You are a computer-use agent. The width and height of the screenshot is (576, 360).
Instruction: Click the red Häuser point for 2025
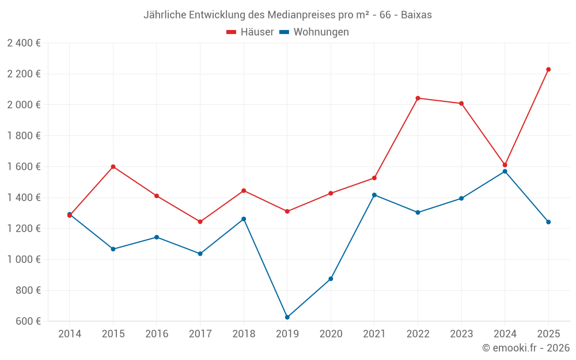(548, 70)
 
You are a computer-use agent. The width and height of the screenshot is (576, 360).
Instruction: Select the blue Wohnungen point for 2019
(287, 317)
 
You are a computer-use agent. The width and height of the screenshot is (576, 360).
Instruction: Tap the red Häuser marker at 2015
(113, 166)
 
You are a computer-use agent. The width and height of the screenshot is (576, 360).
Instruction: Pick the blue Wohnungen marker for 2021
(374, 195)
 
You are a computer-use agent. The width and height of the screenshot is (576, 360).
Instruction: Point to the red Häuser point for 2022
(418, 98)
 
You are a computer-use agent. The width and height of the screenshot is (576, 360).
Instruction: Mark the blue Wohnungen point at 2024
(505, 171)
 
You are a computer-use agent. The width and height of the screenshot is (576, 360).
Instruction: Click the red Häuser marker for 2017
(200, 222)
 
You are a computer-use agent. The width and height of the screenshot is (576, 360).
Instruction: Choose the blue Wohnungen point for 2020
(331, 279)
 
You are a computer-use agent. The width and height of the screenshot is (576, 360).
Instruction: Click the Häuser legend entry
(250, 32)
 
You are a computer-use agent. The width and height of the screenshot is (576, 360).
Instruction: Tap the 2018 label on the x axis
(244, 334)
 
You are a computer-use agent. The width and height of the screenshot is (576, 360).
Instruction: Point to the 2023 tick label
(461, 334)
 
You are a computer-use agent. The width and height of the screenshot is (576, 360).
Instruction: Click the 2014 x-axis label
(70, 334)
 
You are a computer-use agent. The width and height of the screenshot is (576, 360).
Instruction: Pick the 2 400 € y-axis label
(24, 43)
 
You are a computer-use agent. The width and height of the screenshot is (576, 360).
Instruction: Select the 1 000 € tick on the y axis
(24, 259)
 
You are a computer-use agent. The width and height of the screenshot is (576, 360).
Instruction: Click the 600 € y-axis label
(28, 321)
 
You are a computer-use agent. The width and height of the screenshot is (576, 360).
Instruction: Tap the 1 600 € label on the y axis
(24, 166)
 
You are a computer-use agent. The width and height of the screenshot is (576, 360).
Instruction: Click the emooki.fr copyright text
(525, 348)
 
